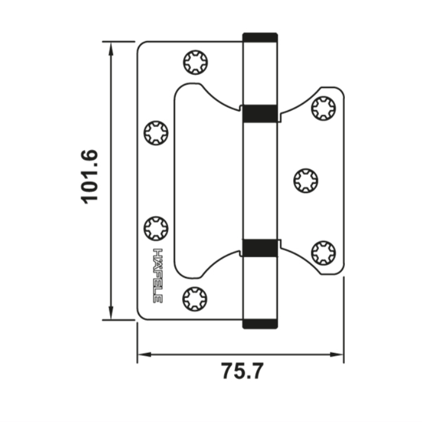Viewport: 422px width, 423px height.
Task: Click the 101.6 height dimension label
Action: [89, 176]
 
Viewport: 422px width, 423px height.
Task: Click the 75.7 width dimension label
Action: [242, 371]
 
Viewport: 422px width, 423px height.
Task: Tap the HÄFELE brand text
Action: [158, 275]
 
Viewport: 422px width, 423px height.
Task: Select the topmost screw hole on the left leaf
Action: [195, 63]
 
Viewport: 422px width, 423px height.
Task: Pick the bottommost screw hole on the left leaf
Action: [195, 299]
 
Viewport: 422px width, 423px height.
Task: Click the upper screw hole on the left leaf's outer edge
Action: [156, 133]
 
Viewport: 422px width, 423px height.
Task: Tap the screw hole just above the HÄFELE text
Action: [156, 228]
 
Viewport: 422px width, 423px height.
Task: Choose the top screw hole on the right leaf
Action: [323, 108]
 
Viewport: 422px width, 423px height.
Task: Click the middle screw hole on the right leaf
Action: [305, 181]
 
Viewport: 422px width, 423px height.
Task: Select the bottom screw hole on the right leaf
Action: [323, 253]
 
